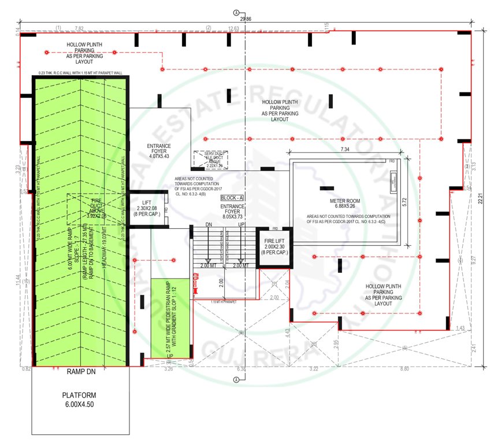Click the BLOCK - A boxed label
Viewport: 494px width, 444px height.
click(232, 198)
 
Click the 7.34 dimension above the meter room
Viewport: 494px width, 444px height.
click(346, 150)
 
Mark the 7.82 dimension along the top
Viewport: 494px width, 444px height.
click(79, 28)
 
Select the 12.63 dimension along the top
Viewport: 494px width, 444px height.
click(233, 28)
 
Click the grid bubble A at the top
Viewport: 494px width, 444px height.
click(236, 12)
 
